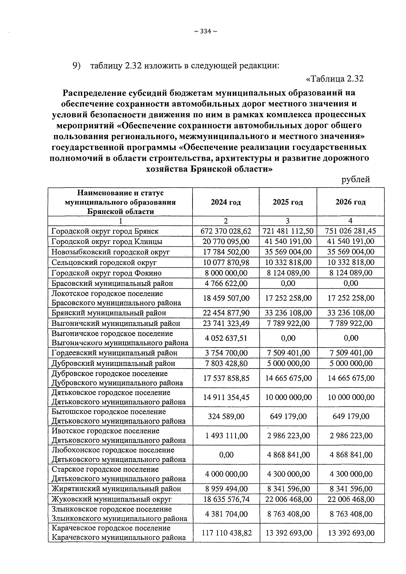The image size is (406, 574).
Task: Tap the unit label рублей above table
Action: point(356,179)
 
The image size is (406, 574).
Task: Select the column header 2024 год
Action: point(226,202)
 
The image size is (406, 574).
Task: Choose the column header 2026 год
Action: point(351,202)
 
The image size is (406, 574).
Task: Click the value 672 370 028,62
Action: point(226,231)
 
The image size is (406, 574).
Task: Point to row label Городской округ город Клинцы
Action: point(107,242)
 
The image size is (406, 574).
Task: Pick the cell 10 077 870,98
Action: point(226,263)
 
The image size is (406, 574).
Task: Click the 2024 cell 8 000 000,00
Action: point(226,273)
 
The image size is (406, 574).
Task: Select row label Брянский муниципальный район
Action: point(109,313)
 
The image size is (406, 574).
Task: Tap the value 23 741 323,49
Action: point(226,324)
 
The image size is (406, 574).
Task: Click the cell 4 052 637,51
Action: point(226,338)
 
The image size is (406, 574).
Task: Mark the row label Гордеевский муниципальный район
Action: point(114,353)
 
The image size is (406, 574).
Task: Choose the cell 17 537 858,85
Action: point(226,378)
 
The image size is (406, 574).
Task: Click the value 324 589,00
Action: point(226,416)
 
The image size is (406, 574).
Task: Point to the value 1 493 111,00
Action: point(226,436)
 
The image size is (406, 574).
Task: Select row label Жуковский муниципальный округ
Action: point(112,499)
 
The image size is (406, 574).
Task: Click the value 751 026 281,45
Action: point(351,231)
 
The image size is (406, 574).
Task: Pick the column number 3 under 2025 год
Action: point(288,221)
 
